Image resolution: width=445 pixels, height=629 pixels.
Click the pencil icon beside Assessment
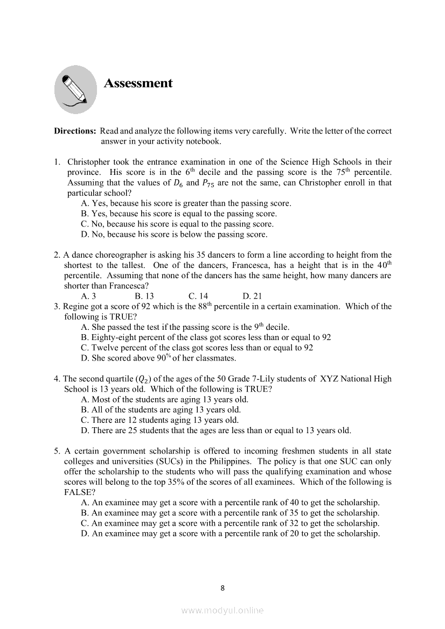click(x=76, y=89)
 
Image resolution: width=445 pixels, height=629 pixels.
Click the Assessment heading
click(x=138, y=83)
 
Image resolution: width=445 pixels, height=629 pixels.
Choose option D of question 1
click(x=173, y=235)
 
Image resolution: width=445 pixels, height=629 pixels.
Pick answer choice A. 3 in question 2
click(x=88, y=296)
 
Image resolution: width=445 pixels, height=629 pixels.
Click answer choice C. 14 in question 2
click(x=198, y=296)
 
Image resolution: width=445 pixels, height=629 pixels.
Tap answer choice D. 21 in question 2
click(x=252, y=296)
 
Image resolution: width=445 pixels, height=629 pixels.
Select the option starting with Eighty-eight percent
click(x=206, y=337)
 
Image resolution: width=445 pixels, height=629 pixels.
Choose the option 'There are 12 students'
click(x=159, y=420)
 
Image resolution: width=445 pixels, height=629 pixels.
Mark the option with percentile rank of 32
click(x=230, y=523)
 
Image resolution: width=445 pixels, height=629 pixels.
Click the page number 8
click(x=222, y=588)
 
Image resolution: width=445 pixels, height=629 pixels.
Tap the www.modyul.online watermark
click(x=222, y=611)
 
